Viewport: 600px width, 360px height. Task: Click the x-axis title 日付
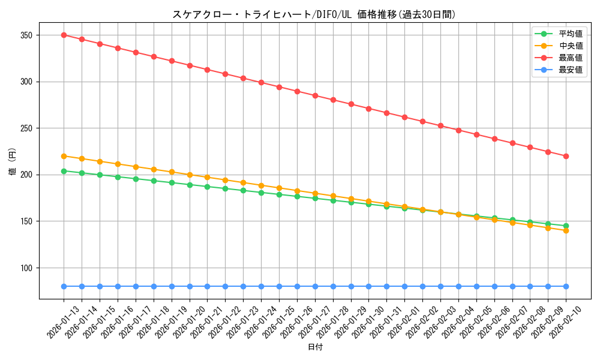tap(315, 347)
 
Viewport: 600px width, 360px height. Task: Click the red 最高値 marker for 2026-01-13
tap(64, 35)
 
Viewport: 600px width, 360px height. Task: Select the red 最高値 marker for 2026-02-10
tap(566, 156)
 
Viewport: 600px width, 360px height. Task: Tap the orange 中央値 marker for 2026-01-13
tap(64, 156)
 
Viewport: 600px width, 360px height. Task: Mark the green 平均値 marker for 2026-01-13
tap(64, 171)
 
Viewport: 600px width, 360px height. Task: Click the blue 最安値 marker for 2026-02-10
tap(566, 286)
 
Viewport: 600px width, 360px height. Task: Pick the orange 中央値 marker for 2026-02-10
tap(566, 230)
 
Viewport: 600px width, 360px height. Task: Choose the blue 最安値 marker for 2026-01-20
tap(190, 286)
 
